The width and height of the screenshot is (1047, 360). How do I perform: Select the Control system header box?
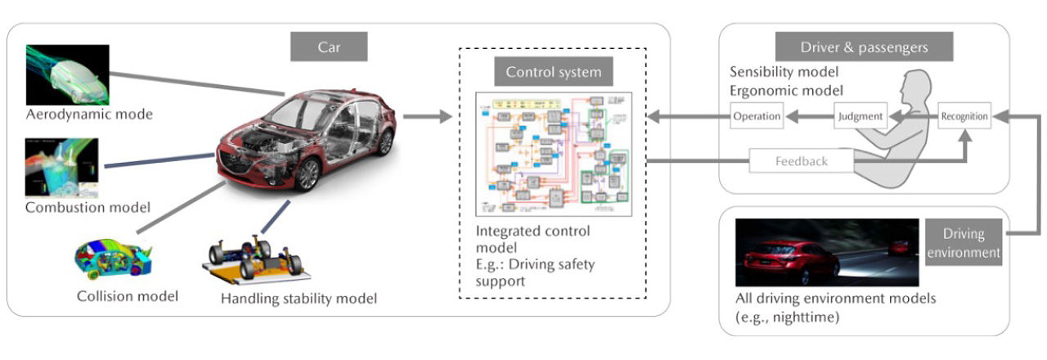pyautogui.click(x=553, y=72)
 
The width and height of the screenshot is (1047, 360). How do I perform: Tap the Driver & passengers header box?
pyautogui.click(x=865, y=47)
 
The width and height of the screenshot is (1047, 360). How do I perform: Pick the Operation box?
pyautogui.click(x=756, y=116)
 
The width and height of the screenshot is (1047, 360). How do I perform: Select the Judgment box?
pyautogui.click(x=860, y=116)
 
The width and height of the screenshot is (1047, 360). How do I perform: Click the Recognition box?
pyautogui.click(x=964, y=116)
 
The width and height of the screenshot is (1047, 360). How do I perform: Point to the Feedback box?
pyautogui.click(x=802, y=161)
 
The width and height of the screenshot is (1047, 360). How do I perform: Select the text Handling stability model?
pyautogui.click(x=299, y=299)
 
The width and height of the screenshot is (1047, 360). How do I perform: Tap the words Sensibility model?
pyautogui.click(x=784, y=72)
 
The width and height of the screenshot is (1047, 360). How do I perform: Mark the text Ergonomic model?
pyautogui.click(x=785, y=90)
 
